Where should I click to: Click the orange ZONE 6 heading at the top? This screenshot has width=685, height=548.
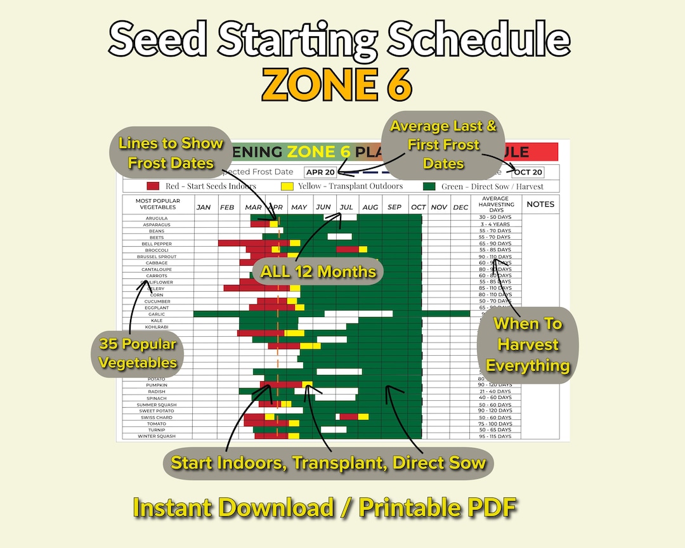[337, 84]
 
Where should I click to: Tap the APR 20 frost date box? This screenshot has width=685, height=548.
[320, 172]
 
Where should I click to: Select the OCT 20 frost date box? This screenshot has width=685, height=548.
[528, 172]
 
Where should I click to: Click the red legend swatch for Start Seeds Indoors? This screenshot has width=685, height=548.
[153, 186]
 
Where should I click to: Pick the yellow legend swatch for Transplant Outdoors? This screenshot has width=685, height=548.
[286, 186]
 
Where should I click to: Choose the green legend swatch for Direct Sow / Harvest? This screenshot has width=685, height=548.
[429, 186]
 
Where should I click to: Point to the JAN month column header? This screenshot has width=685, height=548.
[204, 207]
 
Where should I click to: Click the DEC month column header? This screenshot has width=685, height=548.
[460, 207]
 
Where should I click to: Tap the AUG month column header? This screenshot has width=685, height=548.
[370, 207]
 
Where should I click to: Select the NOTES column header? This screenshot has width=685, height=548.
[540, 204]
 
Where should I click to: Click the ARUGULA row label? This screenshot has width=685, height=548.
[157, 218]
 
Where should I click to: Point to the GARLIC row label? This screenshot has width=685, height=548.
[157, 314]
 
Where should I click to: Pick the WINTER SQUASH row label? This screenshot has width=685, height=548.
[157, 436]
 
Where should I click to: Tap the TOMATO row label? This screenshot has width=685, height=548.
[157, 424]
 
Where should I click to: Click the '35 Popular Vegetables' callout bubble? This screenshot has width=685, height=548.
[138, 354]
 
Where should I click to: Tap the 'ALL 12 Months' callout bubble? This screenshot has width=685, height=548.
[318, 271]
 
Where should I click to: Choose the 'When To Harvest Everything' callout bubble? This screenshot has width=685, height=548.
[528, 344]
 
